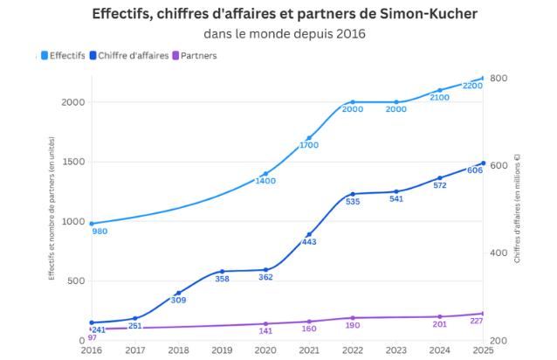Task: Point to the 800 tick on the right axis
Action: point(499,79)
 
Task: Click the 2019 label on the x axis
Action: point(222,350)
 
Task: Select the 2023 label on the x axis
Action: point(396,350)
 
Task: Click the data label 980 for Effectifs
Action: point(100,232)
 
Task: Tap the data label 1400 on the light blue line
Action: point(265,181)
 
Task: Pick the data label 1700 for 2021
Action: point(309,145)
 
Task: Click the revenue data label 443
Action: point(309,242)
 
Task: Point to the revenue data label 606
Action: point(475,170)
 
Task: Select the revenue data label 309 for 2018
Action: point(178,301)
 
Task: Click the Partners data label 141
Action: point(265,331)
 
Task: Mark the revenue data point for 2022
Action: point(353,194)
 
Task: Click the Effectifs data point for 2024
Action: point(440,90)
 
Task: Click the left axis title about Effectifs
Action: point(52,210)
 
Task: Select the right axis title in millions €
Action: point(517,210)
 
